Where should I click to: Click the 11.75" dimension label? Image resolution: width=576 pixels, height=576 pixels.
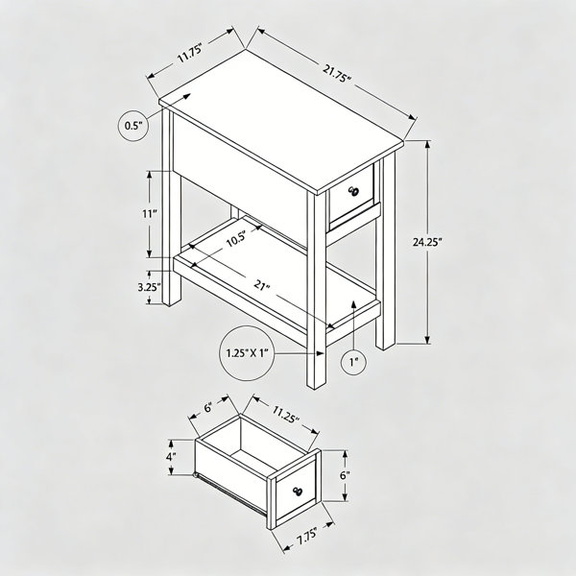[x=190, y=54]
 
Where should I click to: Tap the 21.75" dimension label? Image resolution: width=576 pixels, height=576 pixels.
[x=337, y=73]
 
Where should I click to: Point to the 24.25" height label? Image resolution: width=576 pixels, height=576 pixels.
[x=426, y=242]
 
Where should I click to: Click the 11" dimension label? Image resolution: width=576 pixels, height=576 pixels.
[x=150, y=213]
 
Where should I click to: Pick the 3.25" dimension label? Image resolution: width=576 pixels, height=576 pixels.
[x=149, y=287]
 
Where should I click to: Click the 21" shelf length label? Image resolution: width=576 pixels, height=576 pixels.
[x=262, y=285]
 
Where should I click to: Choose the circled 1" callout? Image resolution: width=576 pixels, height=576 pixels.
[x=353, y=362]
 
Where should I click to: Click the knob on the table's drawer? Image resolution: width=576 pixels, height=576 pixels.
[x=354, y=191]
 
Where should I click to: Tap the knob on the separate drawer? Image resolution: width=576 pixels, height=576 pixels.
[x=298, y=491]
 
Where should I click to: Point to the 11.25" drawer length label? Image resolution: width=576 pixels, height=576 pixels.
[x=285, y=414]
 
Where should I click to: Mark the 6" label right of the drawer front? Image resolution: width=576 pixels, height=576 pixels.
[x=345, y=475]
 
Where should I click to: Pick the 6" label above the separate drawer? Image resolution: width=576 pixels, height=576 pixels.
[x=208, y=407]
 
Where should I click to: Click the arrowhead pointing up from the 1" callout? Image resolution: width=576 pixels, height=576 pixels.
[x=353, y=303]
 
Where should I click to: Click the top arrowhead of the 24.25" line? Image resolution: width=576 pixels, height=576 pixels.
[x=427, y=146]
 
